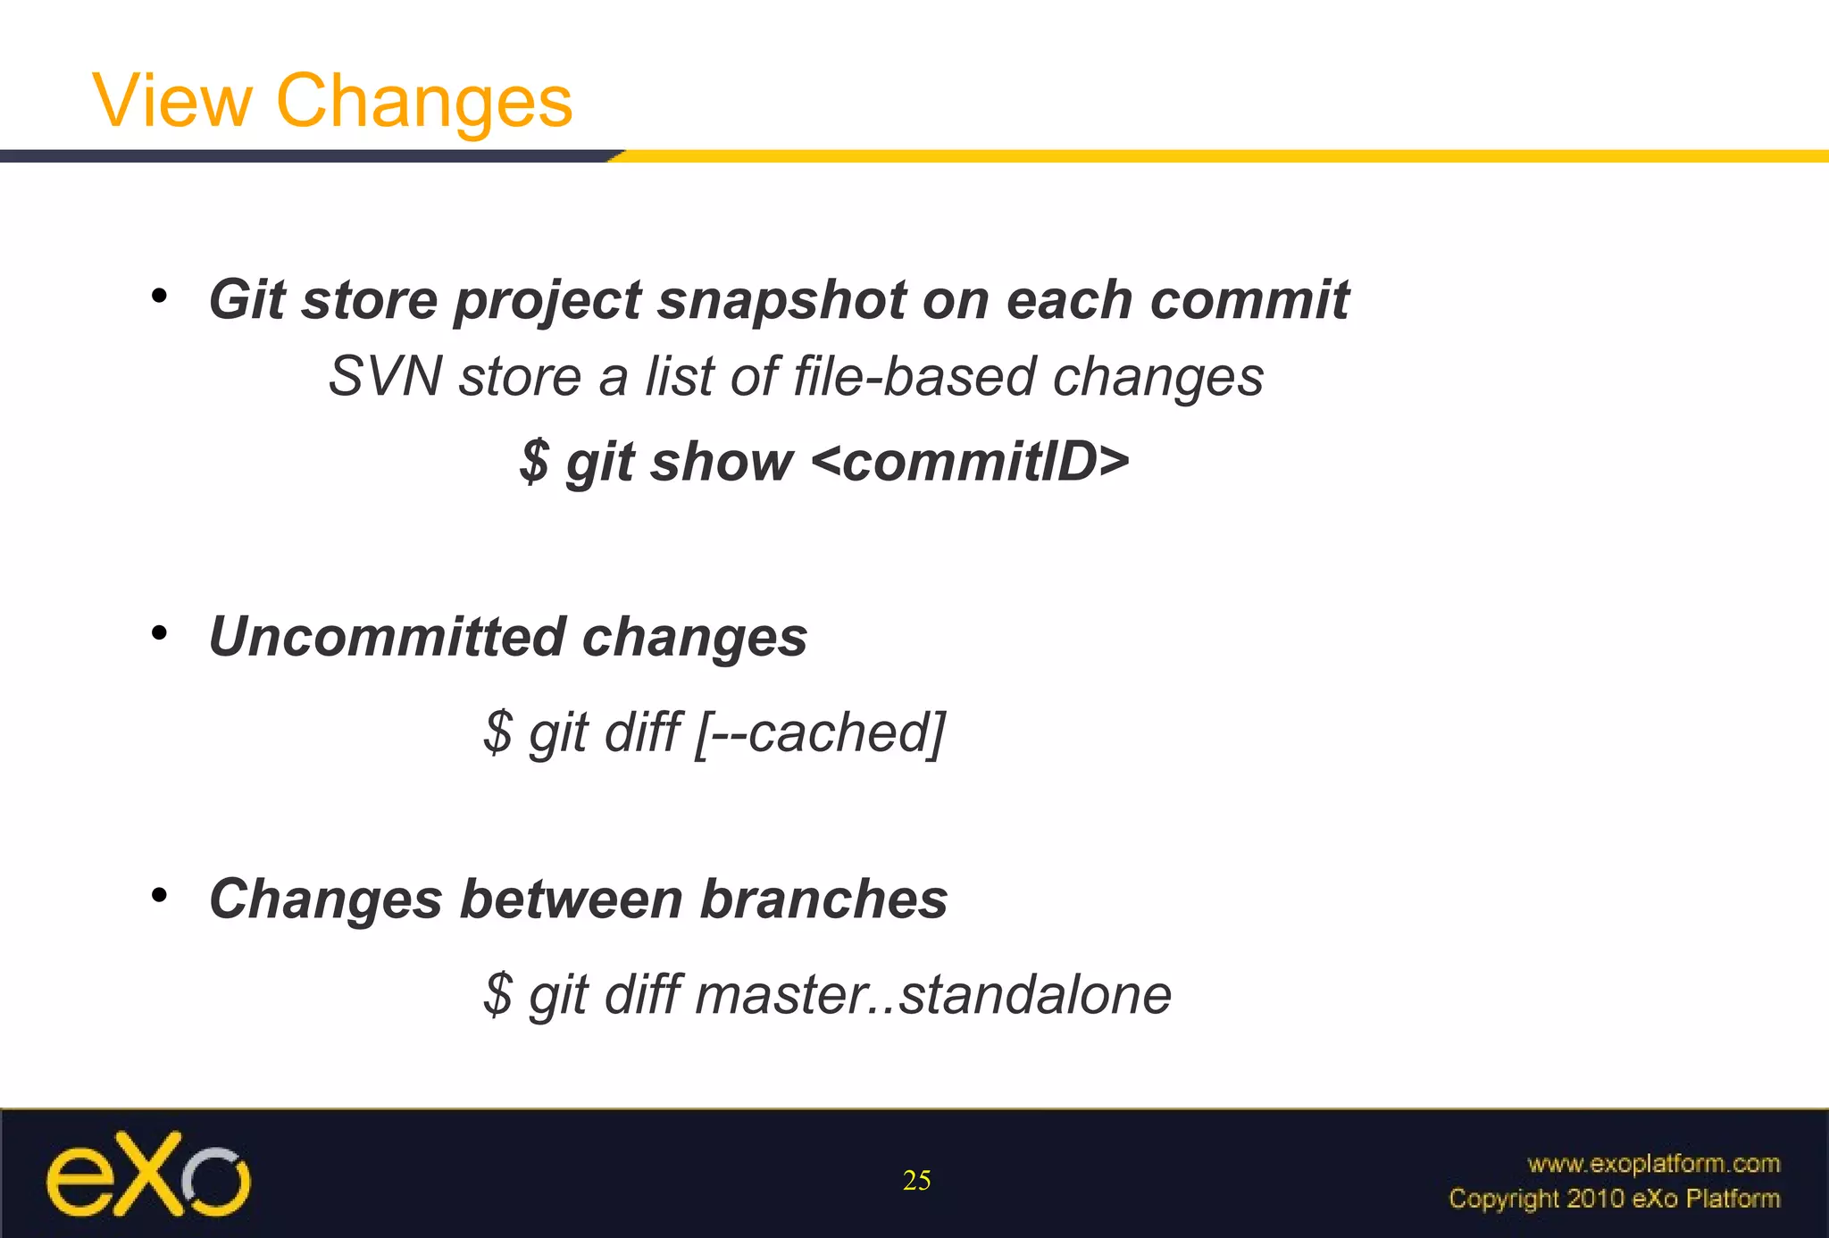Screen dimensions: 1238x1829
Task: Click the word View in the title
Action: pos(172,101)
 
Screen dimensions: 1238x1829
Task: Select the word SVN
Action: pos(385,376)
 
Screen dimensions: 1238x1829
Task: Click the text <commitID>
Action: pos(971,462)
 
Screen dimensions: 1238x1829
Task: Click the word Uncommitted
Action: pos(386,637)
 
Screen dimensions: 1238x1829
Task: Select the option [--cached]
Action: pos(819,732)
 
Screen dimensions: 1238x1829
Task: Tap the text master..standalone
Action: pos(932,994)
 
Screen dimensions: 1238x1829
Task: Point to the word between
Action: pos(572,899)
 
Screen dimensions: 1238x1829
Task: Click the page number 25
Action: pos(916,1181)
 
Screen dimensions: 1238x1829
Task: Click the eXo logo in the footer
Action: pos(148,1174)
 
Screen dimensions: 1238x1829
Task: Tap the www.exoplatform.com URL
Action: pos(1653,1163)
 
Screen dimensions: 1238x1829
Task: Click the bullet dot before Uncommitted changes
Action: pos(159,633)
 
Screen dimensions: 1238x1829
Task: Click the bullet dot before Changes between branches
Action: pos(159,895)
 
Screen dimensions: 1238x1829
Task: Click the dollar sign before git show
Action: pos(534,462)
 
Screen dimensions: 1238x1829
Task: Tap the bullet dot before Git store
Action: pos(159,296)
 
